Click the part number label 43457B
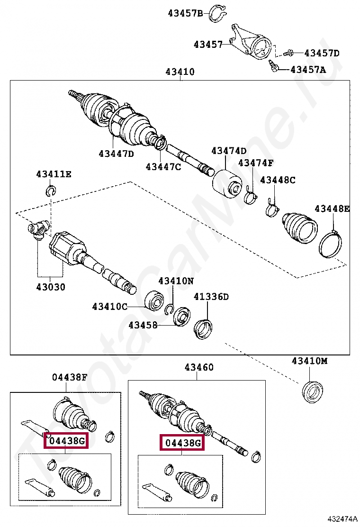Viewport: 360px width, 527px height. pyautogui.click(x=185, y=13)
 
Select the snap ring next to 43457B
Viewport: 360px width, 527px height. pyautogui.click(x=218, y=13)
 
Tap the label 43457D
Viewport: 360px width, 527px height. pyautogui.click(x=322, y=53)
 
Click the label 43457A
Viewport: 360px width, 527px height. pyautogui.click(x=308, y=70)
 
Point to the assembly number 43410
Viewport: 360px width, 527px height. pyautogui.click(x=180, y=72)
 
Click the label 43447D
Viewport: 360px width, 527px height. pyautogui.click(x=116, y=154)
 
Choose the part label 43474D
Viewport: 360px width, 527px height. pyautogui.click(x=229, y=151)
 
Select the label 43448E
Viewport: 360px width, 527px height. pyautogui.click(x=332, y=209)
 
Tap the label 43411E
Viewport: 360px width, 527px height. pyautogui.click(x=54, y=174)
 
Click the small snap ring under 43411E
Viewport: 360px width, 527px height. pyautogui.click(x=51, y=191)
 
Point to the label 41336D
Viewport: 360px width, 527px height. pyautogui.click(x=211, y=297)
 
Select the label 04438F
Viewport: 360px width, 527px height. pyautogui.click(x=70, y=377)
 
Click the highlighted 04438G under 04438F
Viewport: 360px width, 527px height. pyautogui.click(x=66, y=441)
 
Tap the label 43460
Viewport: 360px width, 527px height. pyautogui.click(x=199, y=367)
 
